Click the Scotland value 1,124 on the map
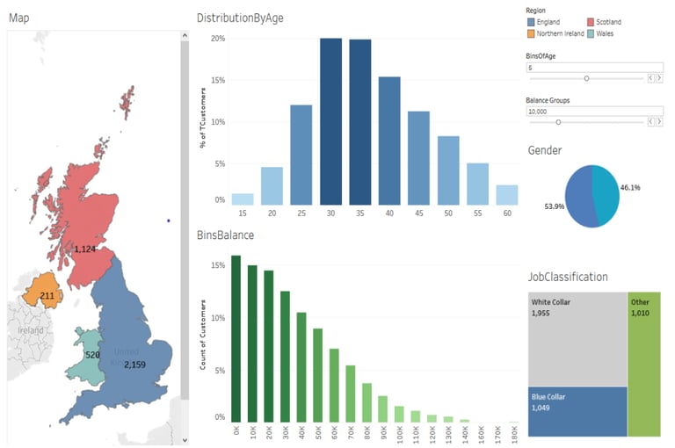pos(84,249)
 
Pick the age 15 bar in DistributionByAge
pos(242,199)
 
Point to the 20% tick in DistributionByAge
pos(218,40)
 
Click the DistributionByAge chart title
pos(240,18)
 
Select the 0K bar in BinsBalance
pos(236,339)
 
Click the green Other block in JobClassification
pos(644,364)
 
